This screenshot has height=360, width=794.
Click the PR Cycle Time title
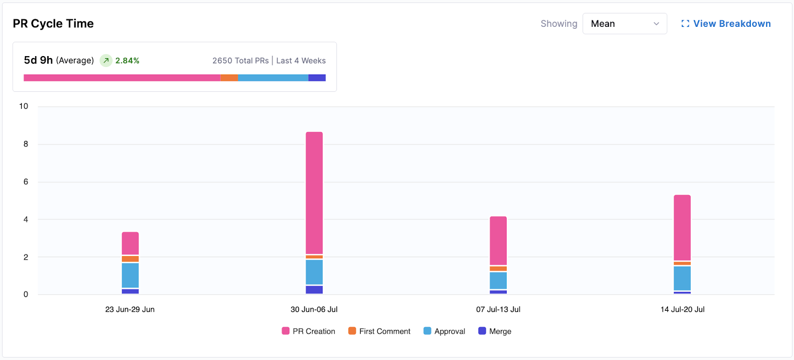(x=53, y=23)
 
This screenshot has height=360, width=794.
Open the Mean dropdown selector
(x=624, y=24)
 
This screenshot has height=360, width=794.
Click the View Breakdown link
(x=726, y=24)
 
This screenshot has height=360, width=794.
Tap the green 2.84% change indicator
(x=127, y=61)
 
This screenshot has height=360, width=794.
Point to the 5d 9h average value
(x=38, y=60)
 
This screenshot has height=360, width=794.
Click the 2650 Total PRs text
(x=240, y=61)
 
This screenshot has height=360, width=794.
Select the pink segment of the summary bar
(x=122, y=78)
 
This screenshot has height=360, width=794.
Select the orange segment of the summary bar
(x=229, y=78)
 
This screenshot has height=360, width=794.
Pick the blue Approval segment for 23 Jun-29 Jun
(x=130, y=275)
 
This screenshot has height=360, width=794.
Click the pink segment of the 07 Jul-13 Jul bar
(x=498, y=240)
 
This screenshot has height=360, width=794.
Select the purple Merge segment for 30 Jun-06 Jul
(x=314, y=290)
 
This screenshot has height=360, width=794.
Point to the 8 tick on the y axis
(x=26, y=144)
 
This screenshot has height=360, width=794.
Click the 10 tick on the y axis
(x=23, y=106)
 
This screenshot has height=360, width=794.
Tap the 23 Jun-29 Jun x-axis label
(x=130, y=309)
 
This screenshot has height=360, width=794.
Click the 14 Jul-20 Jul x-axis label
(x=682, y=309)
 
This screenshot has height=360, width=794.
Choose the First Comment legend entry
(x=380, y=331)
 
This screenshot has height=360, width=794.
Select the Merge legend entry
(x=495, y=331)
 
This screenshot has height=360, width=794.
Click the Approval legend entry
(x=445, y=331)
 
